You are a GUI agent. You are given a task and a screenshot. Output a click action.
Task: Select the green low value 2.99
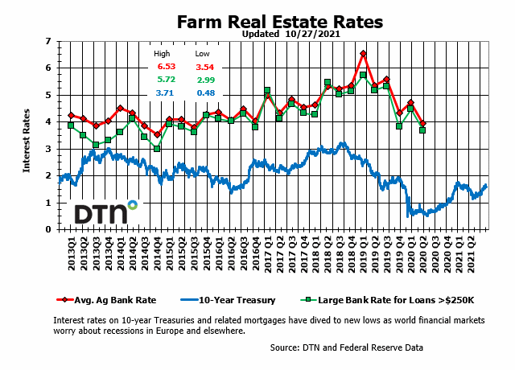pyautogui.click(x=204, y=81)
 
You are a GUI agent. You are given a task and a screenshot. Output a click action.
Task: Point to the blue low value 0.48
pyautogui.click(x=204, y=95)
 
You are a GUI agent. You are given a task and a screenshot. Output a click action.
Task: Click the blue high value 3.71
pyautogui.click(x=165, y=95)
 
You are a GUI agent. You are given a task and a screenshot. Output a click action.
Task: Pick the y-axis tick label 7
pyautogui.click(x=50, y=41)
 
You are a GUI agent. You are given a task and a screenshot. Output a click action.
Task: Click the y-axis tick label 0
pyautogui.click(x=50, y=229)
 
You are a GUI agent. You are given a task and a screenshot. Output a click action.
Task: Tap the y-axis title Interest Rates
pyautogui.click(x=27, y=135)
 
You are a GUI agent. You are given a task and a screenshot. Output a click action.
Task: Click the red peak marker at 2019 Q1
pyautogui.click(x=363, y=54)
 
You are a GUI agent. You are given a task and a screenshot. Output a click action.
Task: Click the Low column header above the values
pyautogui.click(x=203, y=54)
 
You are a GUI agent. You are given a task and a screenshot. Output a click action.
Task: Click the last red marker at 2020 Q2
pyautogui.click(x=422, y=122)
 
